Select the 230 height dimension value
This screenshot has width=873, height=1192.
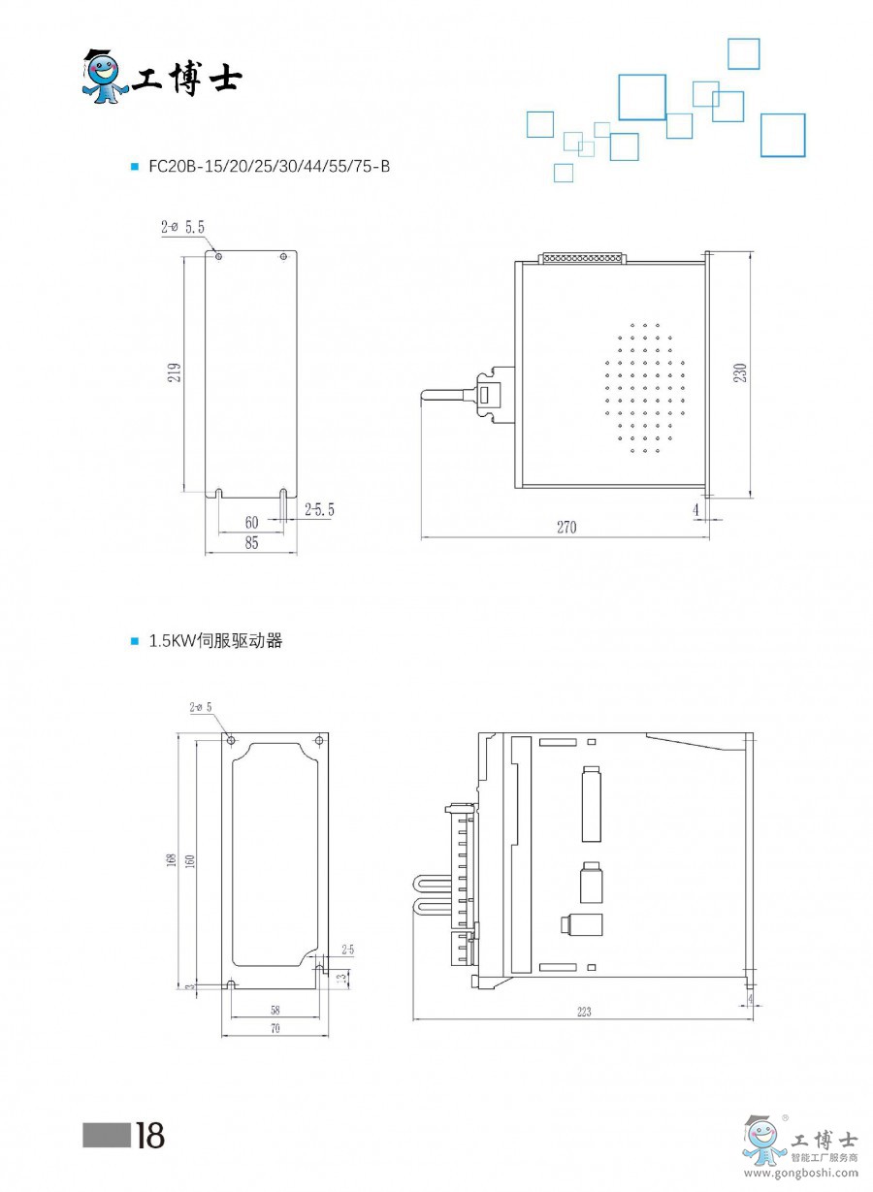(x=741, y=373)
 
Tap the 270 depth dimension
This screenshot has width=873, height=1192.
(x=566, y=528)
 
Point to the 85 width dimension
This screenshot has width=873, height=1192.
(x=251, y=544)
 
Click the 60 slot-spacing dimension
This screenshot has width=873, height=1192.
(x=251, y=522)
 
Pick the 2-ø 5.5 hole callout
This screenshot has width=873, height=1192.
(x=182, y=228)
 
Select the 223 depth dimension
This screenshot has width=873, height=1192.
(x=583, y=1011)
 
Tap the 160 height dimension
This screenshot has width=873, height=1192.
(x=189, y=859)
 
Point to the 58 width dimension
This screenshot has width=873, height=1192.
(x=275, y=1010)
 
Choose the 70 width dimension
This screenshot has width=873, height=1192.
(x=275, y=1029)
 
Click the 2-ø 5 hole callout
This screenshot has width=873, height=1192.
(x=201, y=707)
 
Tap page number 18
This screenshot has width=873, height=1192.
(x=149, y=1135)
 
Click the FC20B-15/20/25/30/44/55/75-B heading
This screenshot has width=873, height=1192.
(x=269, y=166)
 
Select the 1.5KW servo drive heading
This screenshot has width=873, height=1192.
(x=214, y=641)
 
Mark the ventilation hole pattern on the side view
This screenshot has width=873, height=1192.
(x=644, y=388)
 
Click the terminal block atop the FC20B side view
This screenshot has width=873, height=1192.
(x=582, y=258)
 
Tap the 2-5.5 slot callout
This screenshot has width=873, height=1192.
(x=319, y=509)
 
